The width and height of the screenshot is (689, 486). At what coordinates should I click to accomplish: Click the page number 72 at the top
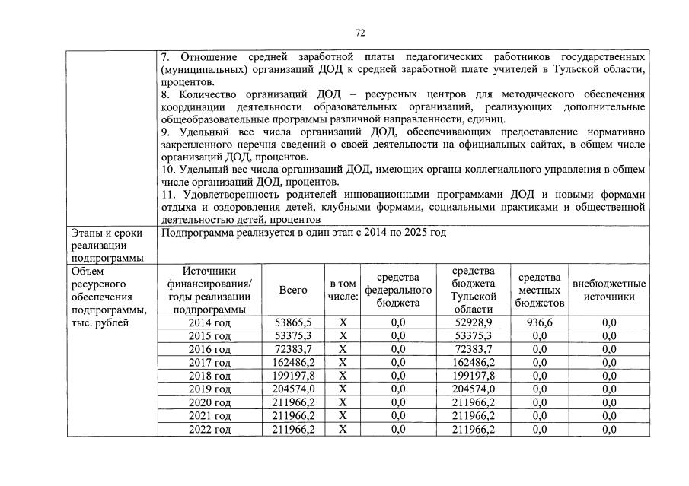tap(361, 33)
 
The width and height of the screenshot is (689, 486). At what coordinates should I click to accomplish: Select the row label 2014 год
tap(209, 322)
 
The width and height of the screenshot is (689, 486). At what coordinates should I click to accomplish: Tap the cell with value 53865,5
tap(292, 322)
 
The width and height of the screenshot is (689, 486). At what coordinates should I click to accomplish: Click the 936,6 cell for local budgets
tap(539, 322)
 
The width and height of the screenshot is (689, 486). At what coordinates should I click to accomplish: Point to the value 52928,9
tap(474, 322)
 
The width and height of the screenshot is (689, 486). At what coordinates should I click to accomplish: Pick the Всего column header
tap(293, 290)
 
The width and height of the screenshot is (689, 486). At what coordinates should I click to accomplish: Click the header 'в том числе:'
tap(343, 290)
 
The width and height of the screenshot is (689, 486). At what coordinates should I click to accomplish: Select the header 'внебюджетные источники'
tap(609, 290)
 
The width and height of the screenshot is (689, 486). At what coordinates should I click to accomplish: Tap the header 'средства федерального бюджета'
tap(397, 290)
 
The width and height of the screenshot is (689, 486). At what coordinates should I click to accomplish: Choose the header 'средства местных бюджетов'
tap(539, 290)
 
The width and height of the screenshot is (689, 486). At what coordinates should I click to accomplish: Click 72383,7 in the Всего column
tap(292, 349)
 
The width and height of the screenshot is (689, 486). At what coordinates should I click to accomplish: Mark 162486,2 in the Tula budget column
tap(474, 363)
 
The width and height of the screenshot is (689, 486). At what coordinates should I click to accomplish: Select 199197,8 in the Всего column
tap(292, 376)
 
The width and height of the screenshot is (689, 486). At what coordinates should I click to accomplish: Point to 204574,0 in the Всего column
tap(292, 389)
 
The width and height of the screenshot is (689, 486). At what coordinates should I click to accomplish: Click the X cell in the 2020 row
tap(343, 402)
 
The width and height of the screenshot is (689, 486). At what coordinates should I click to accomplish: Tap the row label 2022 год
tap(209, 429)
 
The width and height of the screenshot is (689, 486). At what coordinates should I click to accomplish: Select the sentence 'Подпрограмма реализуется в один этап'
tap(304, 232)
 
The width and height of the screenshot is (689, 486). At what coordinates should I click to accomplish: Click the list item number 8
tap(165, 94)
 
